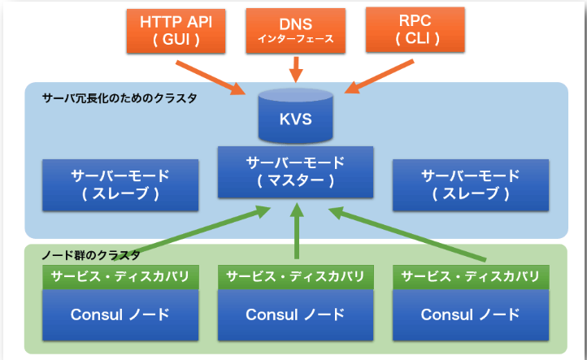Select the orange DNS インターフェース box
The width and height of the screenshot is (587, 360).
(295, 30)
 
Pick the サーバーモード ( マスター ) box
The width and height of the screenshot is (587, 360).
(295, 171)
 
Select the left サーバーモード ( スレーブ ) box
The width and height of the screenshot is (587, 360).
(120, 184)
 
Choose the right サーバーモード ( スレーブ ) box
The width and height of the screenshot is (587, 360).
(470, 184)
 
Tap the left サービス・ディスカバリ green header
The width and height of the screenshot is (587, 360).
(120, 276)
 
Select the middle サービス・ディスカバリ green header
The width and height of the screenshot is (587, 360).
(295, 276)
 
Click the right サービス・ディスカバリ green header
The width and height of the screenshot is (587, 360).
(470, 276)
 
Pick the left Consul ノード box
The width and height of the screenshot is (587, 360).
(120, 314)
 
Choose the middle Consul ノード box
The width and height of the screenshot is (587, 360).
(295, 314)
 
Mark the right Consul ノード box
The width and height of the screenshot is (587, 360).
(470, 314)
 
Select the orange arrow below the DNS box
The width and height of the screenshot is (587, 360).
(296, 68)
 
